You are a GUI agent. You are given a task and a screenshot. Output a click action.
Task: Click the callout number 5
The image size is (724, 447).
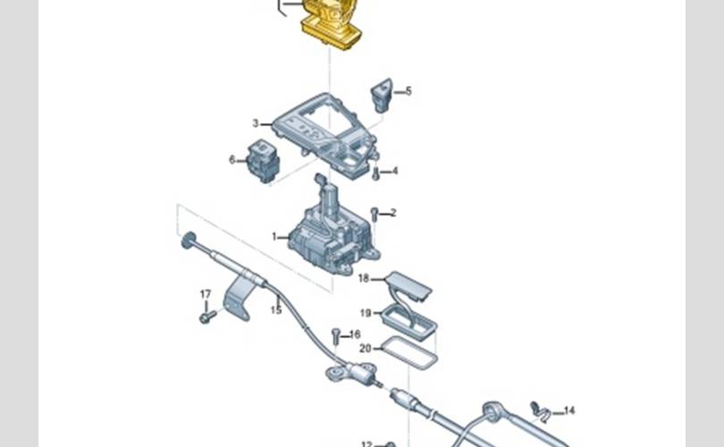[408, 91]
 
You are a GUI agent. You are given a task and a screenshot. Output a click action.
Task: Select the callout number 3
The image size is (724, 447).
[256, 123]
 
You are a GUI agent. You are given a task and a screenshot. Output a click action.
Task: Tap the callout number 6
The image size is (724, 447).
[232, 160]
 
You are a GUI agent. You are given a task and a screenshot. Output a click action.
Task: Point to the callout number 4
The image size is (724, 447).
[395, 172]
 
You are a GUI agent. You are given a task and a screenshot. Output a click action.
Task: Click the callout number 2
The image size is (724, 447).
[393, 213]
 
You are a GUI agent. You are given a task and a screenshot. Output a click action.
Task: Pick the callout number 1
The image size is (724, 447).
[274, 237]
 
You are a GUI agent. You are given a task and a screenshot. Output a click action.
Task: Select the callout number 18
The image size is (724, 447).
[364, 278]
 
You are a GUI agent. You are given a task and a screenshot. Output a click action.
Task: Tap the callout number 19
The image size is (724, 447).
[366, 313]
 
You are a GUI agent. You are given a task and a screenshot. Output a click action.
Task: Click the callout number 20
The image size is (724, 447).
[366, 348]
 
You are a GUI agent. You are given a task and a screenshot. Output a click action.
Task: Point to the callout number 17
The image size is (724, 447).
[206, 294]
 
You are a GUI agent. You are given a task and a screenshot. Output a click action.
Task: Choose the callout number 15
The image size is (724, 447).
[276, 310]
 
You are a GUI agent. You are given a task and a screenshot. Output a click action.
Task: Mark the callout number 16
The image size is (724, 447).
[355, 334]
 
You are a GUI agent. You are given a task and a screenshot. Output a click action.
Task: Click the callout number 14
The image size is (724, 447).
[569, 410]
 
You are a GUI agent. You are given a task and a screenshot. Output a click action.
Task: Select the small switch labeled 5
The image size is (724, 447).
[382, 95]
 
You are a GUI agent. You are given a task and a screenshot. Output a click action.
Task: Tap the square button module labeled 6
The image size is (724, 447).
[263, 161]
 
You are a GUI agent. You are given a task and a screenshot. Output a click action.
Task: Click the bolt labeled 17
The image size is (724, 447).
[207, 316]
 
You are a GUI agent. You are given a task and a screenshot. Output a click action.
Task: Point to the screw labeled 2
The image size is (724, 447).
[375, 215]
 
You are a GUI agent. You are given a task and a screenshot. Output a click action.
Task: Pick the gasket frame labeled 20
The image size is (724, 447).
[409, 353]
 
